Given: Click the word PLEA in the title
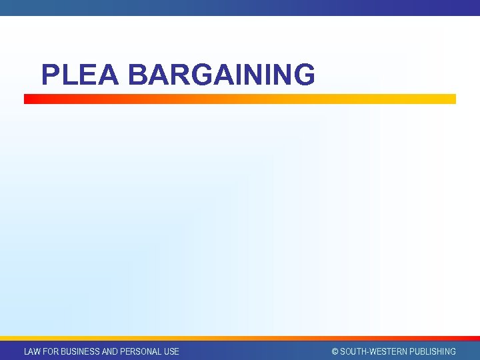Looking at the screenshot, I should click(x=79, y=75).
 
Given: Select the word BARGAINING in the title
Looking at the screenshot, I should click(x=221, y=75).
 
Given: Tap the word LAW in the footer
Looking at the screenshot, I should click(x=32, y=351).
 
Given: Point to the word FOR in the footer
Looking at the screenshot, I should click(x=50, y=351).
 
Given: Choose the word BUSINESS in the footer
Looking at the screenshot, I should click(x=81, y=351).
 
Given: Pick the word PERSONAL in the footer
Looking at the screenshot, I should click(x=142, y=351).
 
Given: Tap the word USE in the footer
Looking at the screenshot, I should click(x=171, y=351).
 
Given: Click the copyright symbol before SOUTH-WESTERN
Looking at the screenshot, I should click(x=335, y=351).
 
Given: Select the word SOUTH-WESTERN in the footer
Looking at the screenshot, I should click(x=374, y=351).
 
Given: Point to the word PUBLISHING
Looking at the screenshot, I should click(x=433, y=351).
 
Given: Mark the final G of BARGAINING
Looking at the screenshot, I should click(x=303, y=75).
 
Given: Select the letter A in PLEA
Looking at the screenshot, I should click(x=107, y=75).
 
